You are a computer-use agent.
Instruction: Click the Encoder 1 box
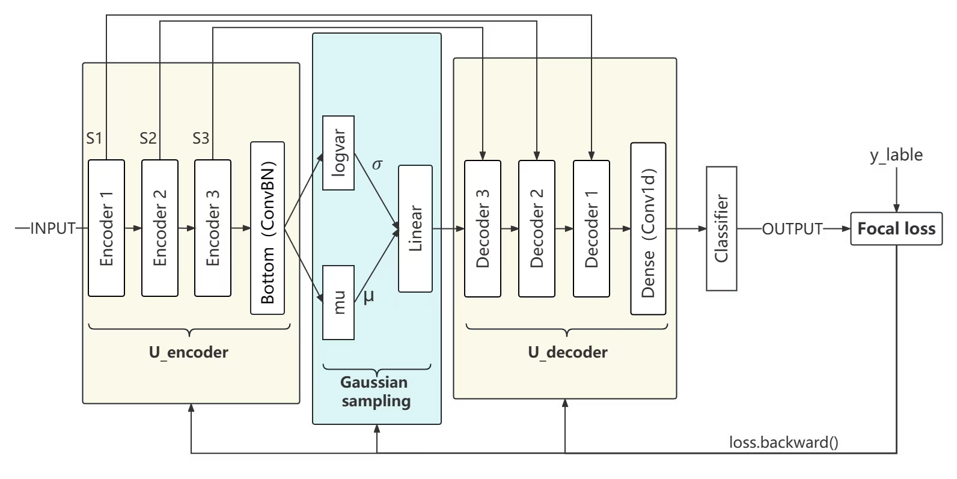(x=106, y=228)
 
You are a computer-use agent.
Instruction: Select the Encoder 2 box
(x=160, y=228)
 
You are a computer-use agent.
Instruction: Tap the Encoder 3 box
(x=213, y=228)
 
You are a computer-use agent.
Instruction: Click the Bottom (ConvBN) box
(x=268, y=228)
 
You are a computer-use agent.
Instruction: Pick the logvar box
(x=338, y=153)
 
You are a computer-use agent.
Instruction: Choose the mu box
(x=338, y=302)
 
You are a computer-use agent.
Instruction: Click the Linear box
(x=415, y=228)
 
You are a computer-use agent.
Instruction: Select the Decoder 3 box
(x=483, y=228)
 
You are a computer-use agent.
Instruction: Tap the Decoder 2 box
(x=537, y=228)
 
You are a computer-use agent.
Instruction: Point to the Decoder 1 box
(x=592, y=228)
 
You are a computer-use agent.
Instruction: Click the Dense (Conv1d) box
(x=648, y=228)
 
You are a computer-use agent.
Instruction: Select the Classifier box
(x=721, y=229)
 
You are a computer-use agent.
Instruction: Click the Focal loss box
(x=896, y=229)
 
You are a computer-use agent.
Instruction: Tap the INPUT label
(x=53, y=228)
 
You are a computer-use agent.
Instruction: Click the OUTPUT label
(x=792, y=229)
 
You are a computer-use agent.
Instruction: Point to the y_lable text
(x=896, y=155)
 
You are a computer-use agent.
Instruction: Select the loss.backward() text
(x=784, y=443)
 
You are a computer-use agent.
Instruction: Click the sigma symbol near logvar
(x=377, y=165)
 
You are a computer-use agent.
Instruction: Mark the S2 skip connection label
(x=148, y=139)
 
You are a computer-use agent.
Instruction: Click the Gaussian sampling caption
(x=376, y=392)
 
